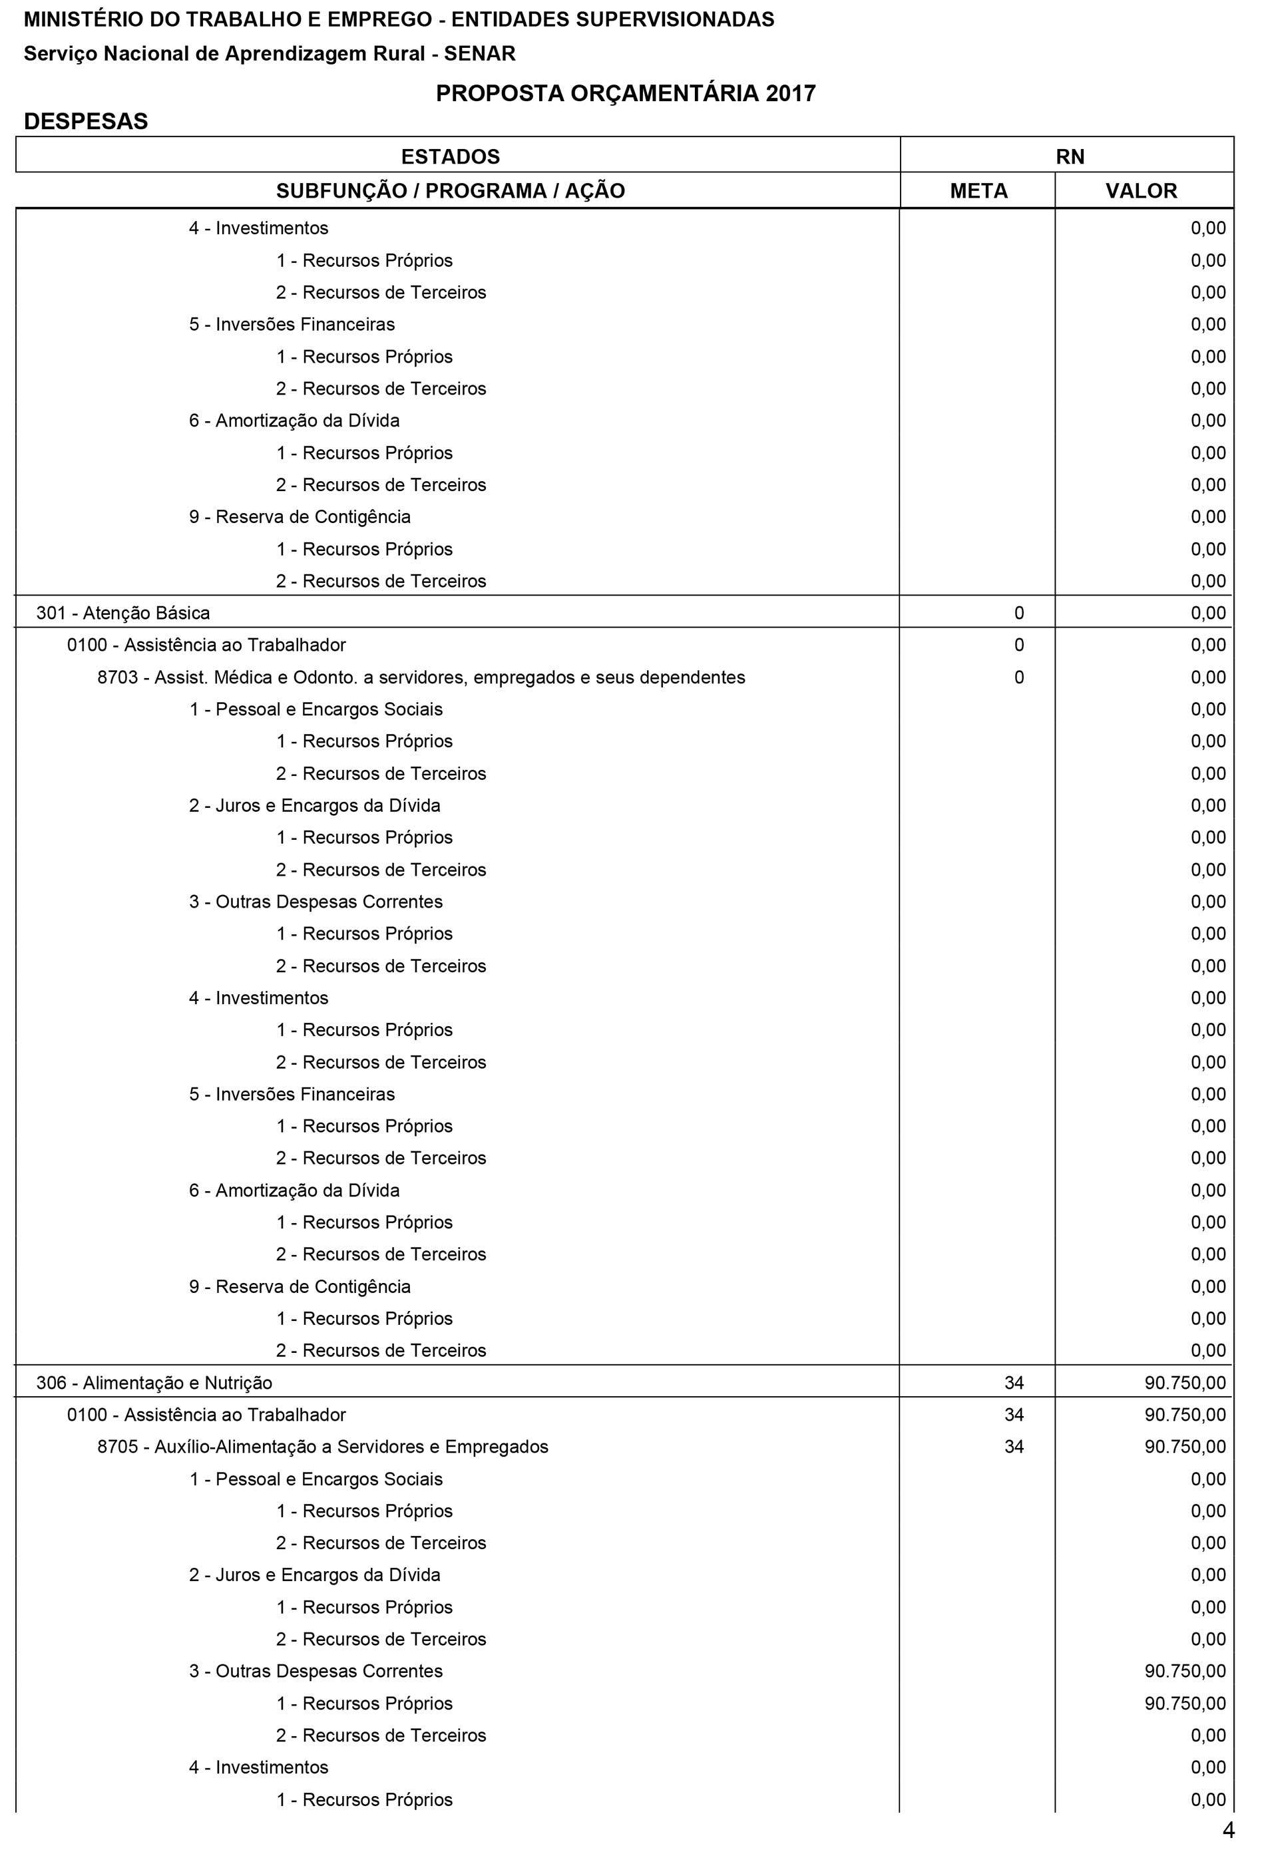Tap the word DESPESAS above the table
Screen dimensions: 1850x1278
86,122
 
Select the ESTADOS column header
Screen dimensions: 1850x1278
450,157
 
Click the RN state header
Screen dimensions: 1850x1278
1070,157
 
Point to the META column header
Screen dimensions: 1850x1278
978,192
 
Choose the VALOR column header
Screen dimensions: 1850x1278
1141,192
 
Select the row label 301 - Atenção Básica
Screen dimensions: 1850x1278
122,613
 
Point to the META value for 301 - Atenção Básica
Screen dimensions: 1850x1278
1018,613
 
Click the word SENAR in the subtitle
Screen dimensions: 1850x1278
480,54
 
